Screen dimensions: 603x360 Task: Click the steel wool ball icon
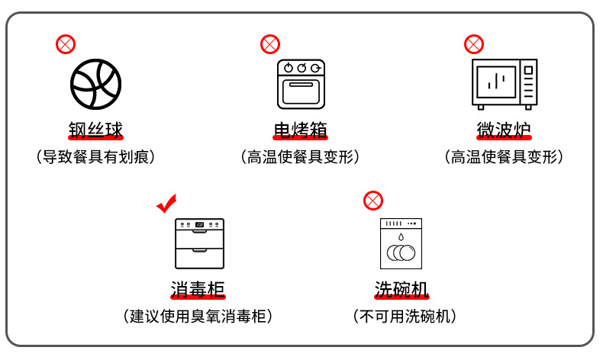pos(95,84)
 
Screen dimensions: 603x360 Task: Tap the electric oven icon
pos(301,84)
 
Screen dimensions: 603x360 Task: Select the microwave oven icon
pos(505,84)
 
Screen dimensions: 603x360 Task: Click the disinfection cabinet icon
pos(199,243)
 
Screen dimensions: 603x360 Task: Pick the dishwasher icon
pos(401,243)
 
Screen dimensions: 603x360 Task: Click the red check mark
pos(166,203)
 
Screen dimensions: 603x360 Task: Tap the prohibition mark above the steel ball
pos(66,44)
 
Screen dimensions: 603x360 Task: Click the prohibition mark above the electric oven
pos(270,44)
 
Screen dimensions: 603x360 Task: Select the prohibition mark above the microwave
pos(474,44)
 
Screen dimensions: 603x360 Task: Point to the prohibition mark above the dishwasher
pos(373,201)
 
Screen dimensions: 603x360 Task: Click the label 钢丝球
pos(95,130)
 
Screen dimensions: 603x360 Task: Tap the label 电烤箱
pos(300,130)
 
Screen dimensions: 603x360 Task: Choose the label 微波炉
pos(505,130)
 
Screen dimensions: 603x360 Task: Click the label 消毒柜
pos(198,289)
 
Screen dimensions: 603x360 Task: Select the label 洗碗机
pos(401,289)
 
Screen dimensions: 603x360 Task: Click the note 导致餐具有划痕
pos(95,157)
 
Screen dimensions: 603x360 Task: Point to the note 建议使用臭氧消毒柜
pos(198,317)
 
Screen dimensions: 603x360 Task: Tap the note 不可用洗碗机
pos(405,317)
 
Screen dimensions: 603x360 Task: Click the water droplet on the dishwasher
pos(401,236)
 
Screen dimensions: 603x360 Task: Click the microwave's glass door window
pos(496,82)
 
